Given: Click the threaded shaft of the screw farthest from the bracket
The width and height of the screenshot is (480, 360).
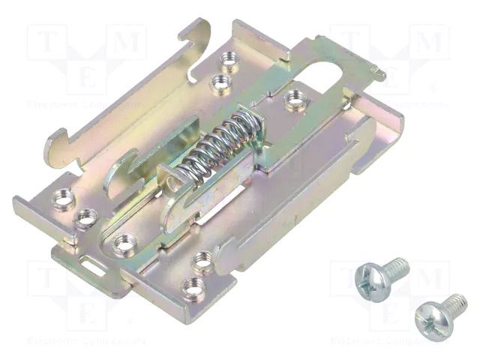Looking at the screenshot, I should (453, 303).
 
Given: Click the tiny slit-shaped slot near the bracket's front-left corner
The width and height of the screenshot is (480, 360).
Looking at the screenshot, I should (94, 262).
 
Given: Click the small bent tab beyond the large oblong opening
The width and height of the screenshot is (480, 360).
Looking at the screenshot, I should (377, 73).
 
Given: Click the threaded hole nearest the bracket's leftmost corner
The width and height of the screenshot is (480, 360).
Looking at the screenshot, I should (63, 199).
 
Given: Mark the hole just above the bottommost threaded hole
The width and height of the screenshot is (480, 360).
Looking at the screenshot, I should (202, 261).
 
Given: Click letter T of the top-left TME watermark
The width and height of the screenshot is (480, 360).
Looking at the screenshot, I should (44, 42).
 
